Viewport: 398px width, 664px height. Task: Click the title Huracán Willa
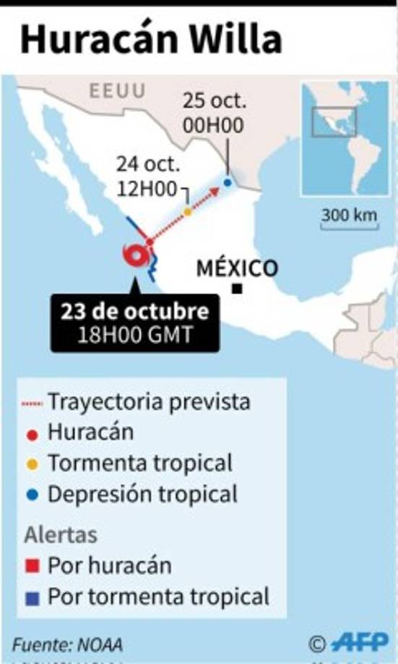[150, 41]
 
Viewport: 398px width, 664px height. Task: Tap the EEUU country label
[117, 90]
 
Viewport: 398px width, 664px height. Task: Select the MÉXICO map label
[237, 268]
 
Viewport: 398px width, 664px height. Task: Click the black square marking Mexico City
[237, 290]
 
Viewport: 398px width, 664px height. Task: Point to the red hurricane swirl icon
[136, 256]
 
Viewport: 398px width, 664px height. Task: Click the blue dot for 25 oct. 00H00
[228, 183]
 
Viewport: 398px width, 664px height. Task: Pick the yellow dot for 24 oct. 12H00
[188, 212]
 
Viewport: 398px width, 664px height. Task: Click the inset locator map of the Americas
[345, 137]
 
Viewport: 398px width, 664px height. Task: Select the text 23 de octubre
[135, 312]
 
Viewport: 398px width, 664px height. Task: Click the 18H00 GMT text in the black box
[135, 336]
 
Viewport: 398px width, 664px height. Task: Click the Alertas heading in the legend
[61, 535]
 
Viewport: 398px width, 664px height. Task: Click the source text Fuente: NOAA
[67, 644]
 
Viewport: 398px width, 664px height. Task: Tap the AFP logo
[359, 642]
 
